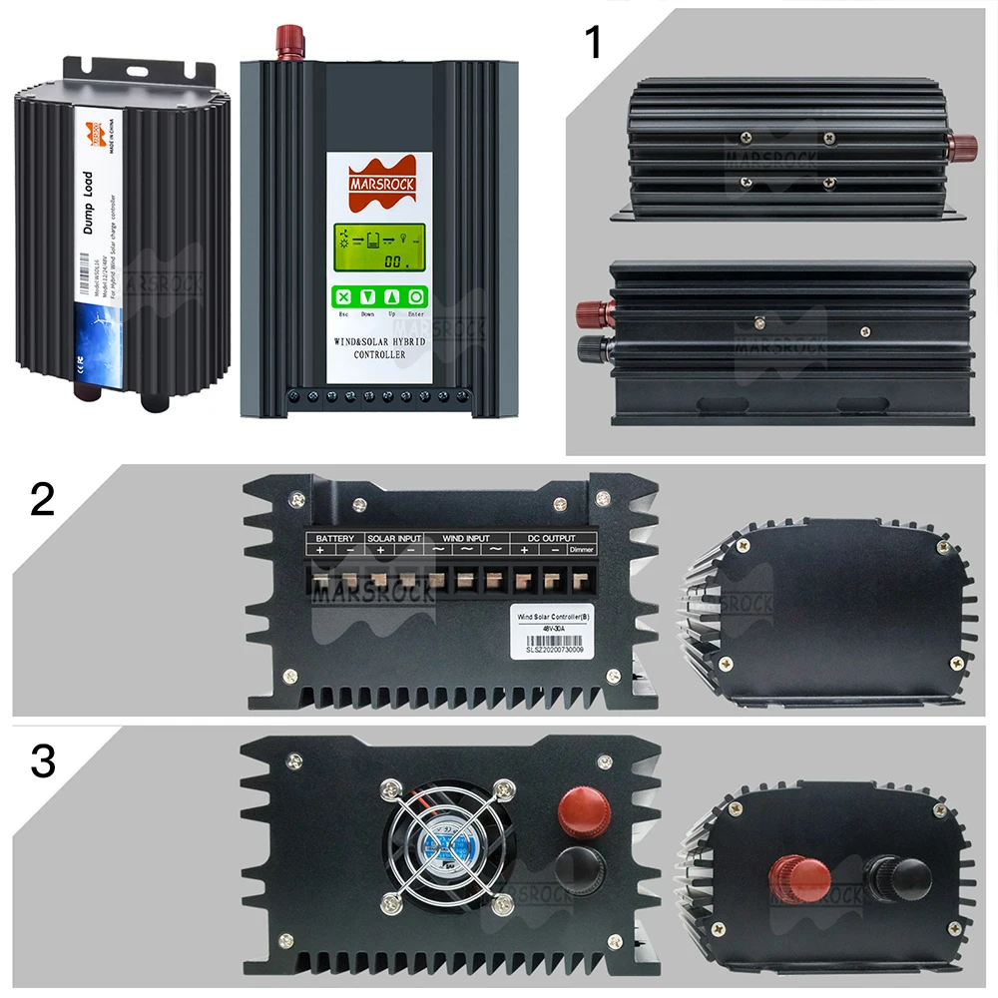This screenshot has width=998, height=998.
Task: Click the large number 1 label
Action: (x=594, y=42)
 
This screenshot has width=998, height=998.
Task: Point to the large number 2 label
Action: (x=42, y=499)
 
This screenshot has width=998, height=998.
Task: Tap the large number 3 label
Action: (x=42, y=760)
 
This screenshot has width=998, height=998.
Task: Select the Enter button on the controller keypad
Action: (x=415, y=296)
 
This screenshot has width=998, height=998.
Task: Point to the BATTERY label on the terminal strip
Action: (x=334, y=538)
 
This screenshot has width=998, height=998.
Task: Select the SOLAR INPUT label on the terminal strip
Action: (x=394, y=538)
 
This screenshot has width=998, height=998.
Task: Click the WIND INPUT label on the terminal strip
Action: (x=467, y=538)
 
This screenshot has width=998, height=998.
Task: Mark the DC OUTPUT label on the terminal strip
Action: (x=539, y=538)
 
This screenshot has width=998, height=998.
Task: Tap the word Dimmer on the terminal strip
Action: (x=581, y=550)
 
